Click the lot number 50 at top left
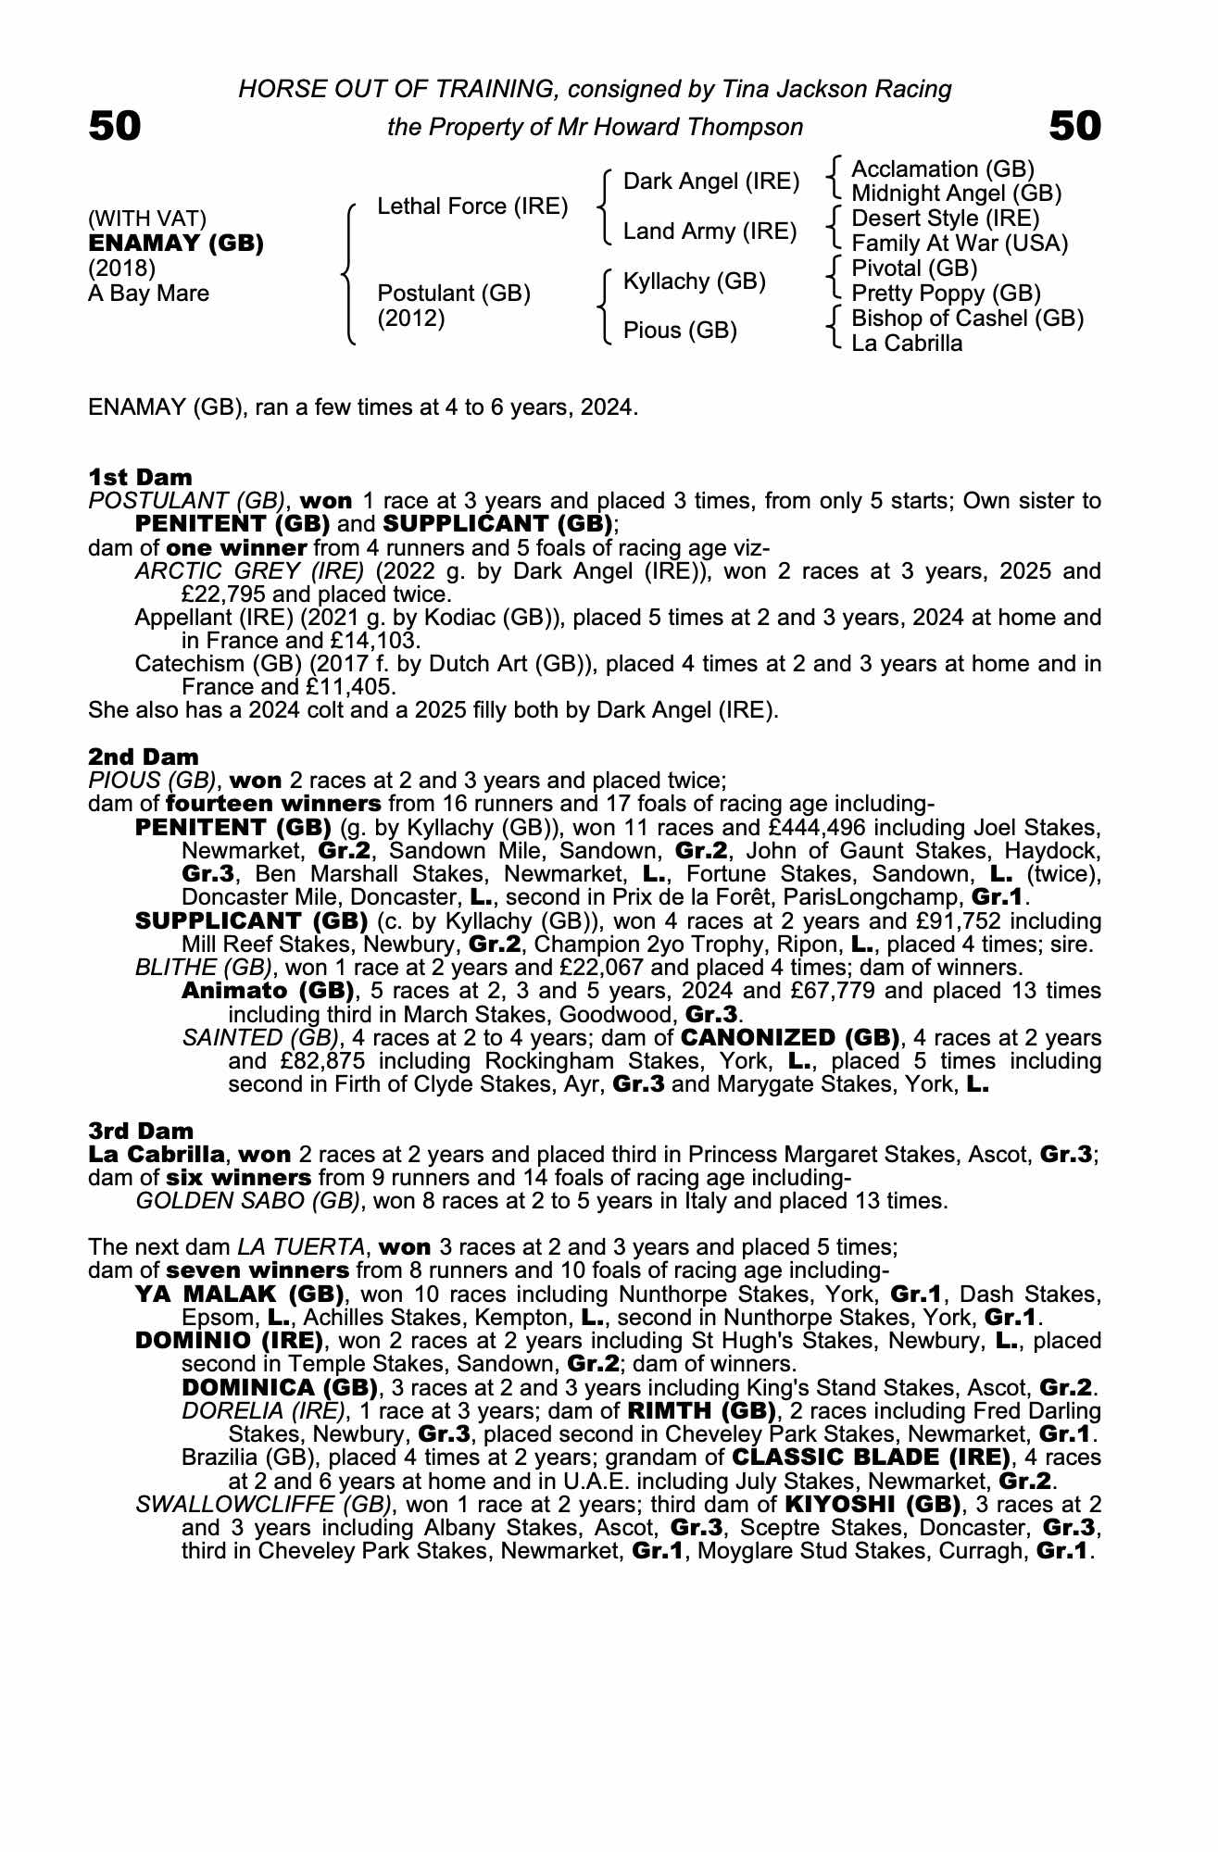coord(115,126)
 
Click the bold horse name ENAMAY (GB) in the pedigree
coord(176,244)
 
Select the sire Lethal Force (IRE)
coord(472,206)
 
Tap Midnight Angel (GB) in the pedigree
coord(956,194)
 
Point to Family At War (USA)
coord(960,244)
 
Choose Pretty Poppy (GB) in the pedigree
coord(946,294)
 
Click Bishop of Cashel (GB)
coord(967,319)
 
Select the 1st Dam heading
coord(141,478)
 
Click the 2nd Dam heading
coord(144,757)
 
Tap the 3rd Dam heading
coord(142,1131)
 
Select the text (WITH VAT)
coord(147,219)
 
